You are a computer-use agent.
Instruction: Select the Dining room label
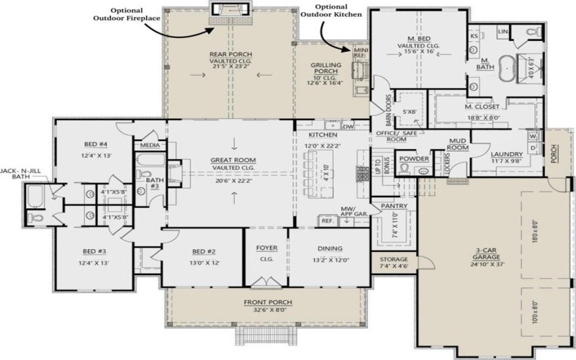click(330, 248)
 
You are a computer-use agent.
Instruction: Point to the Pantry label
click(394, 206)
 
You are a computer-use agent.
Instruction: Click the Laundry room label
click(506, 154)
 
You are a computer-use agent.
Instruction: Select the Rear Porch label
click(229, 54)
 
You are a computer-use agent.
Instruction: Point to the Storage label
click(394, 258)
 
